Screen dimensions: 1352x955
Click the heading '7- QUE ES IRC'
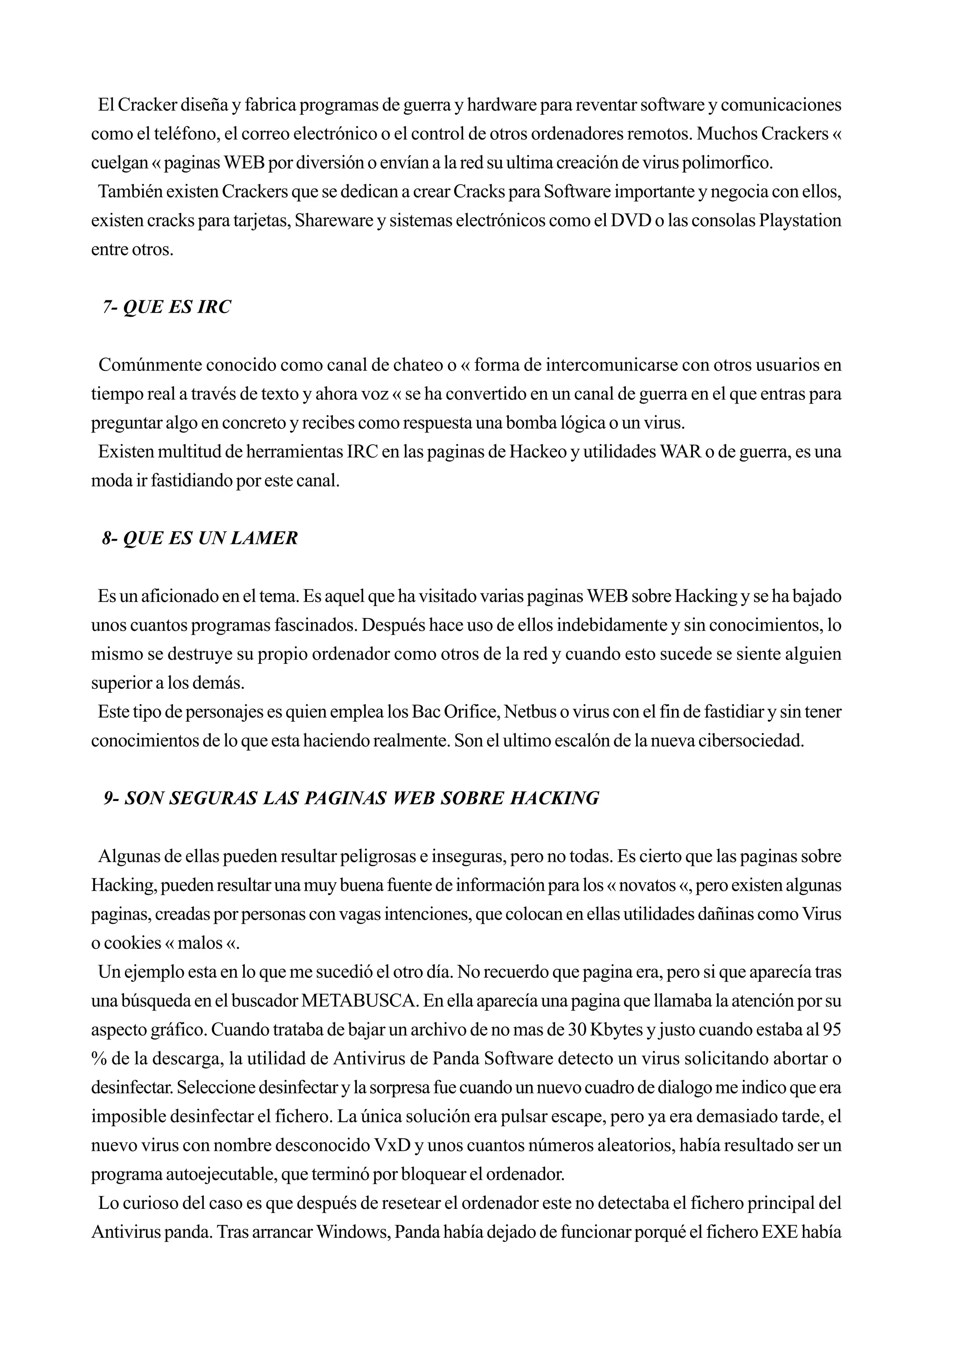click(166, 307)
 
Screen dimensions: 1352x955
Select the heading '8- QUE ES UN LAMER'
click(200, 538)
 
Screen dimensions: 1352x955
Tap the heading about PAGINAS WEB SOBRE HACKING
click(351, 799)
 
